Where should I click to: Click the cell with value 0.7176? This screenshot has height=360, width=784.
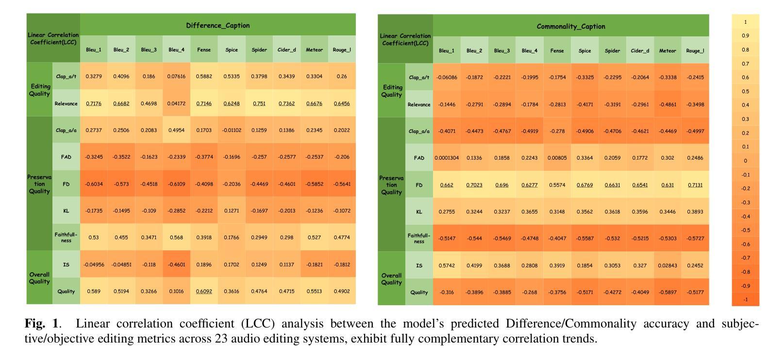coord(94,103)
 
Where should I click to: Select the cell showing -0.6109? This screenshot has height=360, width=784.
coord(176,184)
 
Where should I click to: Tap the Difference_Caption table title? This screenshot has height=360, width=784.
coord(218,25)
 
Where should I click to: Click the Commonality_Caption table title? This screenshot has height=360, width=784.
coord(571,26)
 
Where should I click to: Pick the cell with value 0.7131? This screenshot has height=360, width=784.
coord(695,185)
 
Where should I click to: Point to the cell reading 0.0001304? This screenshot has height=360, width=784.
coord(447,158)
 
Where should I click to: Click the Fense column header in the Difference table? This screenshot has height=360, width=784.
coord(204,49)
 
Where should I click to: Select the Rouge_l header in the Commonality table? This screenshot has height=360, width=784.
coord(695,50)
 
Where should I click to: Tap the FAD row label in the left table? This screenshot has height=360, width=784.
coord(66,157)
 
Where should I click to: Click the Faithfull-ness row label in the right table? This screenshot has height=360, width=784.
coord(419,238)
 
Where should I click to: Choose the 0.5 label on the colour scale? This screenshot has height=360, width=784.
coord(745,91)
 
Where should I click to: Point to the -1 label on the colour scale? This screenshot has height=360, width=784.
coord(745,299)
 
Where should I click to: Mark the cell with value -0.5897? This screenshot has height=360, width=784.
coord(667,292)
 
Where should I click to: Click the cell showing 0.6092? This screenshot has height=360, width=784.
coord(204,291)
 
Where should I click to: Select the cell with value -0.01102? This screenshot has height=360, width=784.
coord(232,130)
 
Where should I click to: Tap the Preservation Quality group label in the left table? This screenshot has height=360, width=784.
coord(39,184)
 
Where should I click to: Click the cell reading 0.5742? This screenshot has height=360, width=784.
coord(447,265)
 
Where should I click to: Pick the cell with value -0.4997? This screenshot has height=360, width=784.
coord(695,131)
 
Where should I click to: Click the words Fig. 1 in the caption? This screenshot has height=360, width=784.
coord(41,324)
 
